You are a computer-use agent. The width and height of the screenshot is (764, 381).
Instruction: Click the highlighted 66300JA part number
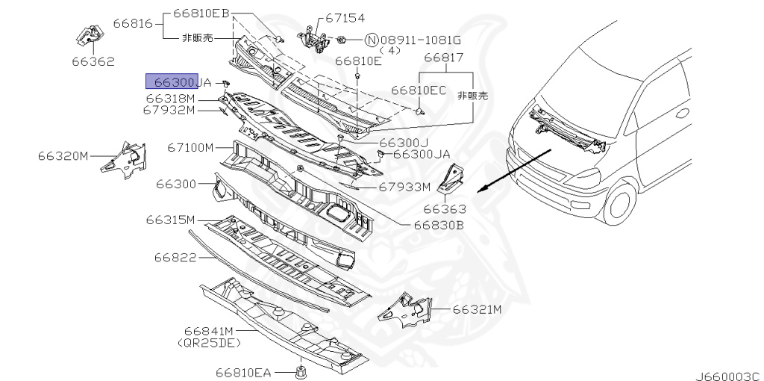[x=178, y=82]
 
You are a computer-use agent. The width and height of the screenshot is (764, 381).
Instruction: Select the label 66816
[x=133, y=23]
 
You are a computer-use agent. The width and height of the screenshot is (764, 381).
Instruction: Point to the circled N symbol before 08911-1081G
[x=372, y=39]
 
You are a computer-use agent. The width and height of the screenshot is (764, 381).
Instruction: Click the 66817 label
[x=444, y=57]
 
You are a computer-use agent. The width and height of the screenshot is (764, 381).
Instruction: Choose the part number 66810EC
[x=419, y=90]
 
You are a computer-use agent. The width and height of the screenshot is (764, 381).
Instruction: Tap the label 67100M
[x=190, y=147]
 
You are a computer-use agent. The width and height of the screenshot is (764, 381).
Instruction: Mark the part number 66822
[x=175, y=257]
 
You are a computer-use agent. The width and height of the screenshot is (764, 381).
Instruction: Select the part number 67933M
[x=404, y=187]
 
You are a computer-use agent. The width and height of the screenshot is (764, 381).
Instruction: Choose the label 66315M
[x=170, y=220]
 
